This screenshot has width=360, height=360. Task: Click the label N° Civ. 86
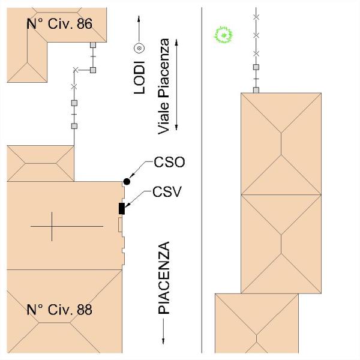click(x=59, y=23)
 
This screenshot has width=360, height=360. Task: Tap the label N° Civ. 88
click(x=59, y=309)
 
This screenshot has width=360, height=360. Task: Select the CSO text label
click(x=169, y=162)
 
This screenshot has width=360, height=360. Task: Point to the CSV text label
click(x=167, y=192)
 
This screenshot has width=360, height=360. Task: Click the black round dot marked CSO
click(x=127, y=182)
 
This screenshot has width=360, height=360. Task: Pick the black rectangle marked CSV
click(x=122, y=208)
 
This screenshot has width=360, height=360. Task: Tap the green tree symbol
click(x=223, y=35)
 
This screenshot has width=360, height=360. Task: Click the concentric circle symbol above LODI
click(x=139, y=48)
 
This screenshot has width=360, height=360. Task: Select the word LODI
click(x=139, y=77)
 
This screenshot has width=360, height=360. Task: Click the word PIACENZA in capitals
click(x=164, y=278)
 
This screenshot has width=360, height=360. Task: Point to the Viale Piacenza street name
click(x=163, y=86)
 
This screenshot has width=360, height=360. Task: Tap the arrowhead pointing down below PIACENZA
click(x=163, y=341)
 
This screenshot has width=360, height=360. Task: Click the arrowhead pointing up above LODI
click(x=139, y=19)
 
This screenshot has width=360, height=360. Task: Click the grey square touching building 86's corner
click(x=93, y=45)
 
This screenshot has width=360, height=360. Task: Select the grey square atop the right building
click(x=256, y=90)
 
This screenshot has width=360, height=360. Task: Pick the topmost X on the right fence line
click(x=256, y=17)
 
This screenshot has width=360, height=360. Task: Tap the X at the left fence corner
click(x=76, y=70)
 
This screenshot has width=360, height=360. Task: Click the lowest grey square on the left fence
click(x=74, y=126)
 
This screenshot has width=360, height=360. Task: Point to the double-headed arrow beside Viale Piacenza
click(x=176, y=85)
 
